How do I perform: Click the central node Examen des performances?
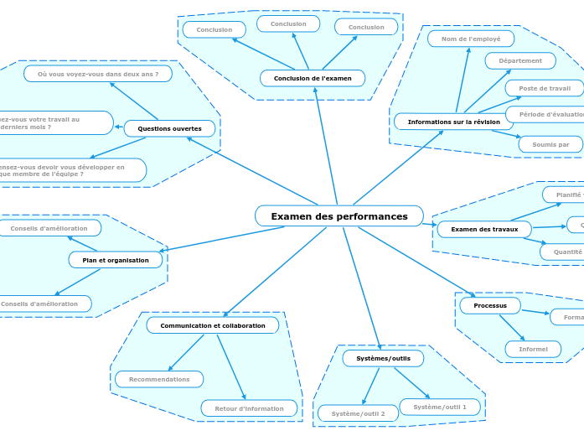[339, 216]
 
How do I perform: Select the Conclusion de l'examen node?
[313, 78]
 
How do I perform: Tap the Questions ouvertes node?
[169, 128]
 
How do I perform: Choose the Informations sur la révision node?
[453, 122]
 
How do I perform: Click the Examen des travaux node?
[484, 229]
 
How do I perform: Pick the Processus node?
[490, 305]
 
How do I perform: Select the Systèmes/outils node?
[383, 358]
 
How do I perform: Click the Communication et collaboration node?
[213, 325]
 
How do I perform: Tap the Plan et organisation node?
[116, 260]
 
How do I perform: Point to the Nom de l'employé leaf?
[471, 39]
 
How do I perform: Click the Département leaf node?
[520, 60]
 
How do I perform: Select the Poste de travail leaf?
[544, 88]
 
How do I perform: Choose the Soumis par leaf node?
[550, 144]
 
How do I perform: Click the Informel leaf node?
[533, 349]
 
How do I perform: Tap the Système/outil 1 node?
[440, 407]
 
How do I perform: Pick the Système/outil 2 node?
[358, 413]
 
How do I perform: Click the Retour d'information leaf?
[249, 408]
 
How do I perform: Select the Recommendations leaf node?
[159, 379]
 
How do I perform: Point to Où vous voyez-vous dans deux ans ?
[98, 74]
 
